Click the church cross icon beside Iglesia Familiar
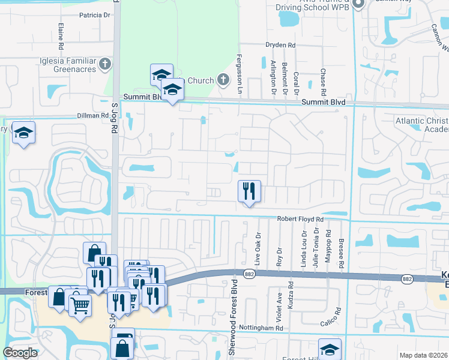105,63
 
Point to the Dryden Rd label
281,45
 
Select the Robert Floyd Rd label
300,220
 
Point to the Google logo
20,353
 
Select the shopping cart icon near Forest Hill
80,305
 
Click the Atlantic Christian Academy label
421,125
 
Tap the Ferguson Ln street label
240,82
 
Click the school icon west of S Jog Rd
23,133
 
